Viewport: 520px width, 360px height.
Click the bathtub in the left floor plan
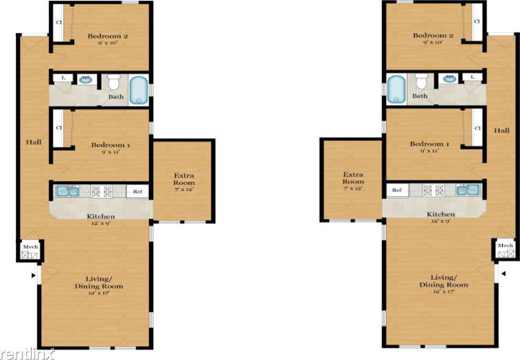pos(139,90)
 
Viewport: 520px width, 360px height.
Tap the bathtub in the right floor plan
pos(396,90)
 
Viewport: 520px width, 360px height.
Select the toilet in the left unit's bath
pos(114,82)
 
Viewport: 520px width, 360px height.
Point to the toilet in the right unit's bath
pos(421,82)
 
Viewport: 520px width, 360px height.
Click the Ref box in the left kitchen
pos(137,192)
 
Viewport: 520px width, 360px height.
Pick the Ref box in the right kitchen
pos(396,190)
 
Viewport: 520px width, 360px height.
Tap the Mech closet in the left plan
pos(30,251)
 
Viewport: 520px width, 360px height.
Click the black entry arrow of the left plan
pos(32,276)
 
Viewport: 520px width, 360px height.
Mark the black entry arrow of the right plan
pos(504,274)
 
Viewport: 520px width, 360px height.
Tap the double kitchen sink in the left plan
pos(67,191)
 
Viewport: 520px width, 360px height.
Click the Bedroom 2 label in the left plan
pos(107,38)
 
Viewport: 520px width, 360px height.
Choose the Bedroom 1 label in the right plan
pos(429,146)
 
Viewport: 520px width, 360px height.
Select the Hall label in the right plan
pos(501,131)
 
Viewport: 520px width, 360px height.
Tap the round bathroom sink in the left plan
pos(87,79)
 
